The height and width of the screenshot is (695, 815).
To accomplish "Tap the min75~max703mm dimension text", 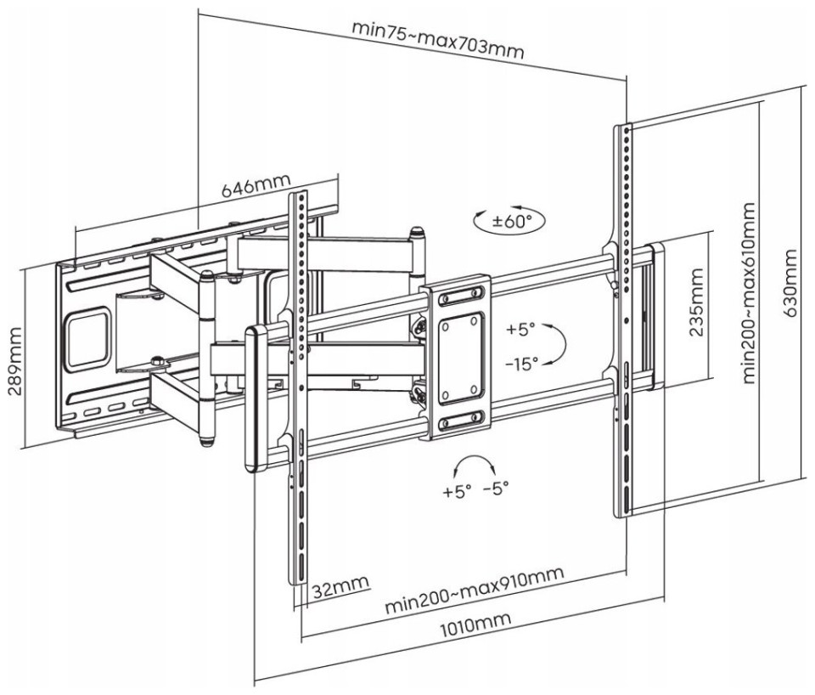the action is pos(438,40).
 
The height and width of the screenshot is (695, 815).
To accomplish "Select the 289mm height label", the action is pos(14,361).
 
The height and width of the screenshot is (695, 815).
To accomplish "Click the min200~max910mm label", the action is pos(474,590).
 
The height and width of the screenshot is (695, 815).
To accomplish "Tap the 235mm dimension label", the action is pos(696,302).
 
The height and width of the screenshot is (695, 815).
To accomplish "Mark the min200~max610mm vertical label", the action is pos(749,293).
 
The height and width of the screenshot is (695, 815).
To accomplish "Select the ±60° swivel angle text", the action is pos(513,222).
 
